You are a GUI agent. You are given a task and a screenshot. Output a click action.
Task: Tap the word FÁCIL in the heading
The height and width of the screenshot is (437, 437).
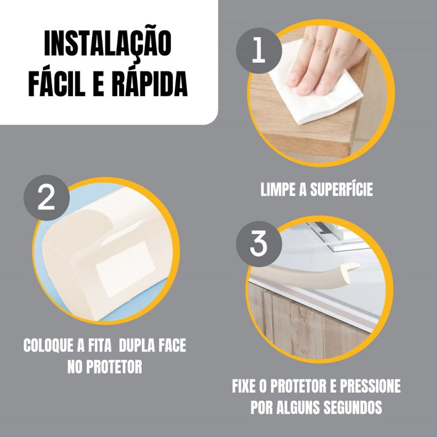pos(57,84)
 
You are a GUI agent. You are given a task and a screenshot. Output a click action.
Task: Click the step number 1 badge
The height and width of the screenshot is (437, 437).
pos(258,51)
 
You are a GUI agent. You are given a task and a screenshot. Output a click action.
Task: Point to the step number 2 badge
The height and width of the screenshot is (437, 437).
pos(46,198)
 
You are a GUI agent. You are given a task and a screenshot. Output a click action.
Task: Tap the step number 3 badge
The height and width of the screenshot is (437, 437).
pos(258,244)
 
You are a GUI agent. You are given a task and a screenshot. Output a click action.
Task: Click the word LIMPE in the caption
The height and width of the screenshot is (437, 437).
pos(277,190)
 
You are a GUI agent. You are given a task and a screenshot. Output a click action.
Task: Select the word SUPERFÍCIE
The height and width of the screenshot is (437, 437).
pos(341,189)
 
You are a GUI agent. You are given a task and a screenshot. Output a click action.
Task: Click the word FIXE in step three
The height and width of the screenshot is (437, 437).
pos(244,386)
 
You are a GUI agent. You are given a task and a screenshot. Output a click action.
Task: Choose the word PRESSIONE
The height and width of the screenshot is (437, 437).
pos(370,386)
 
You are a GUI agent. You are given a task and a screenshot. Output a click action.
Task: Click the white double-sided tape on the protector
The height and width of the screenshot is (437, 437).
pos(126,269)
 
